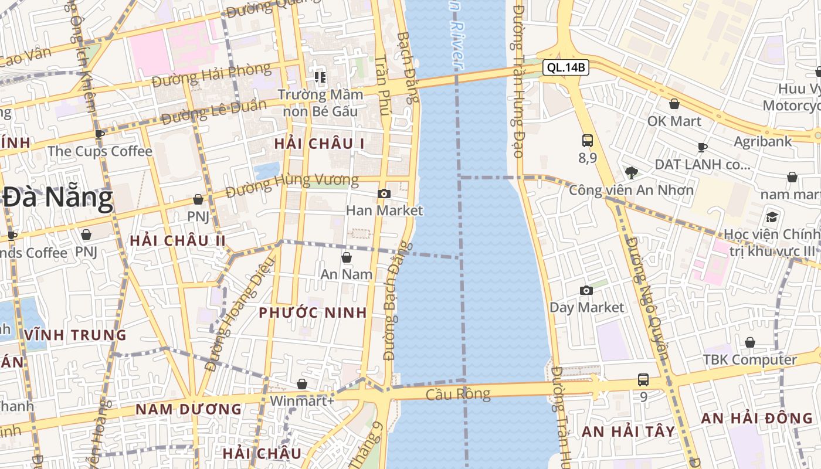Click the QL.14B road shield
tap(565, 67)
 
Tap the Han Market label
tap(384, 210)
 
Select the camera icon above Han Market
tap(384, 193)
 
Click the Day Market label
tap(586, 307)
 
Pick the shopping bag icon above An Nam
tap(347, 257)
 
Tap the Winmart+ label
tap(302, 401)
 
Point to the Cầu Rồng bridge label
tap(458, 393)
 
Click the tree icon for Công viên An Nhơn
tap(631, 172)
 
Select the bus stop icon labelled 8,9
tap(587, 141)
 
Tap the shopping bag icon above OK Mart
tap(674, 104)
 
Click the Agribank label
tap(762, 141)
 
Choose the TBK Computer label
tap(750, 359)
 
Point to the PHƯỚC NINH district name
tap(313, 312)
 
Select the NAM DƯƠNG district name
tap(189, 409)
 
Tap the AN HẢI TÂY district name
tap(628, 431)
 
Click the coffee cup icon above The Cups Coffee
tap(100, 134)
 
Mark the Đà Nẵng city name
tap(57, 198)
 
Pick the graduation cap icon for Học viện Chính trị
tap(772, 217)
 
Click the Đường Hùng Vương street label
tap(292, 185)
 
